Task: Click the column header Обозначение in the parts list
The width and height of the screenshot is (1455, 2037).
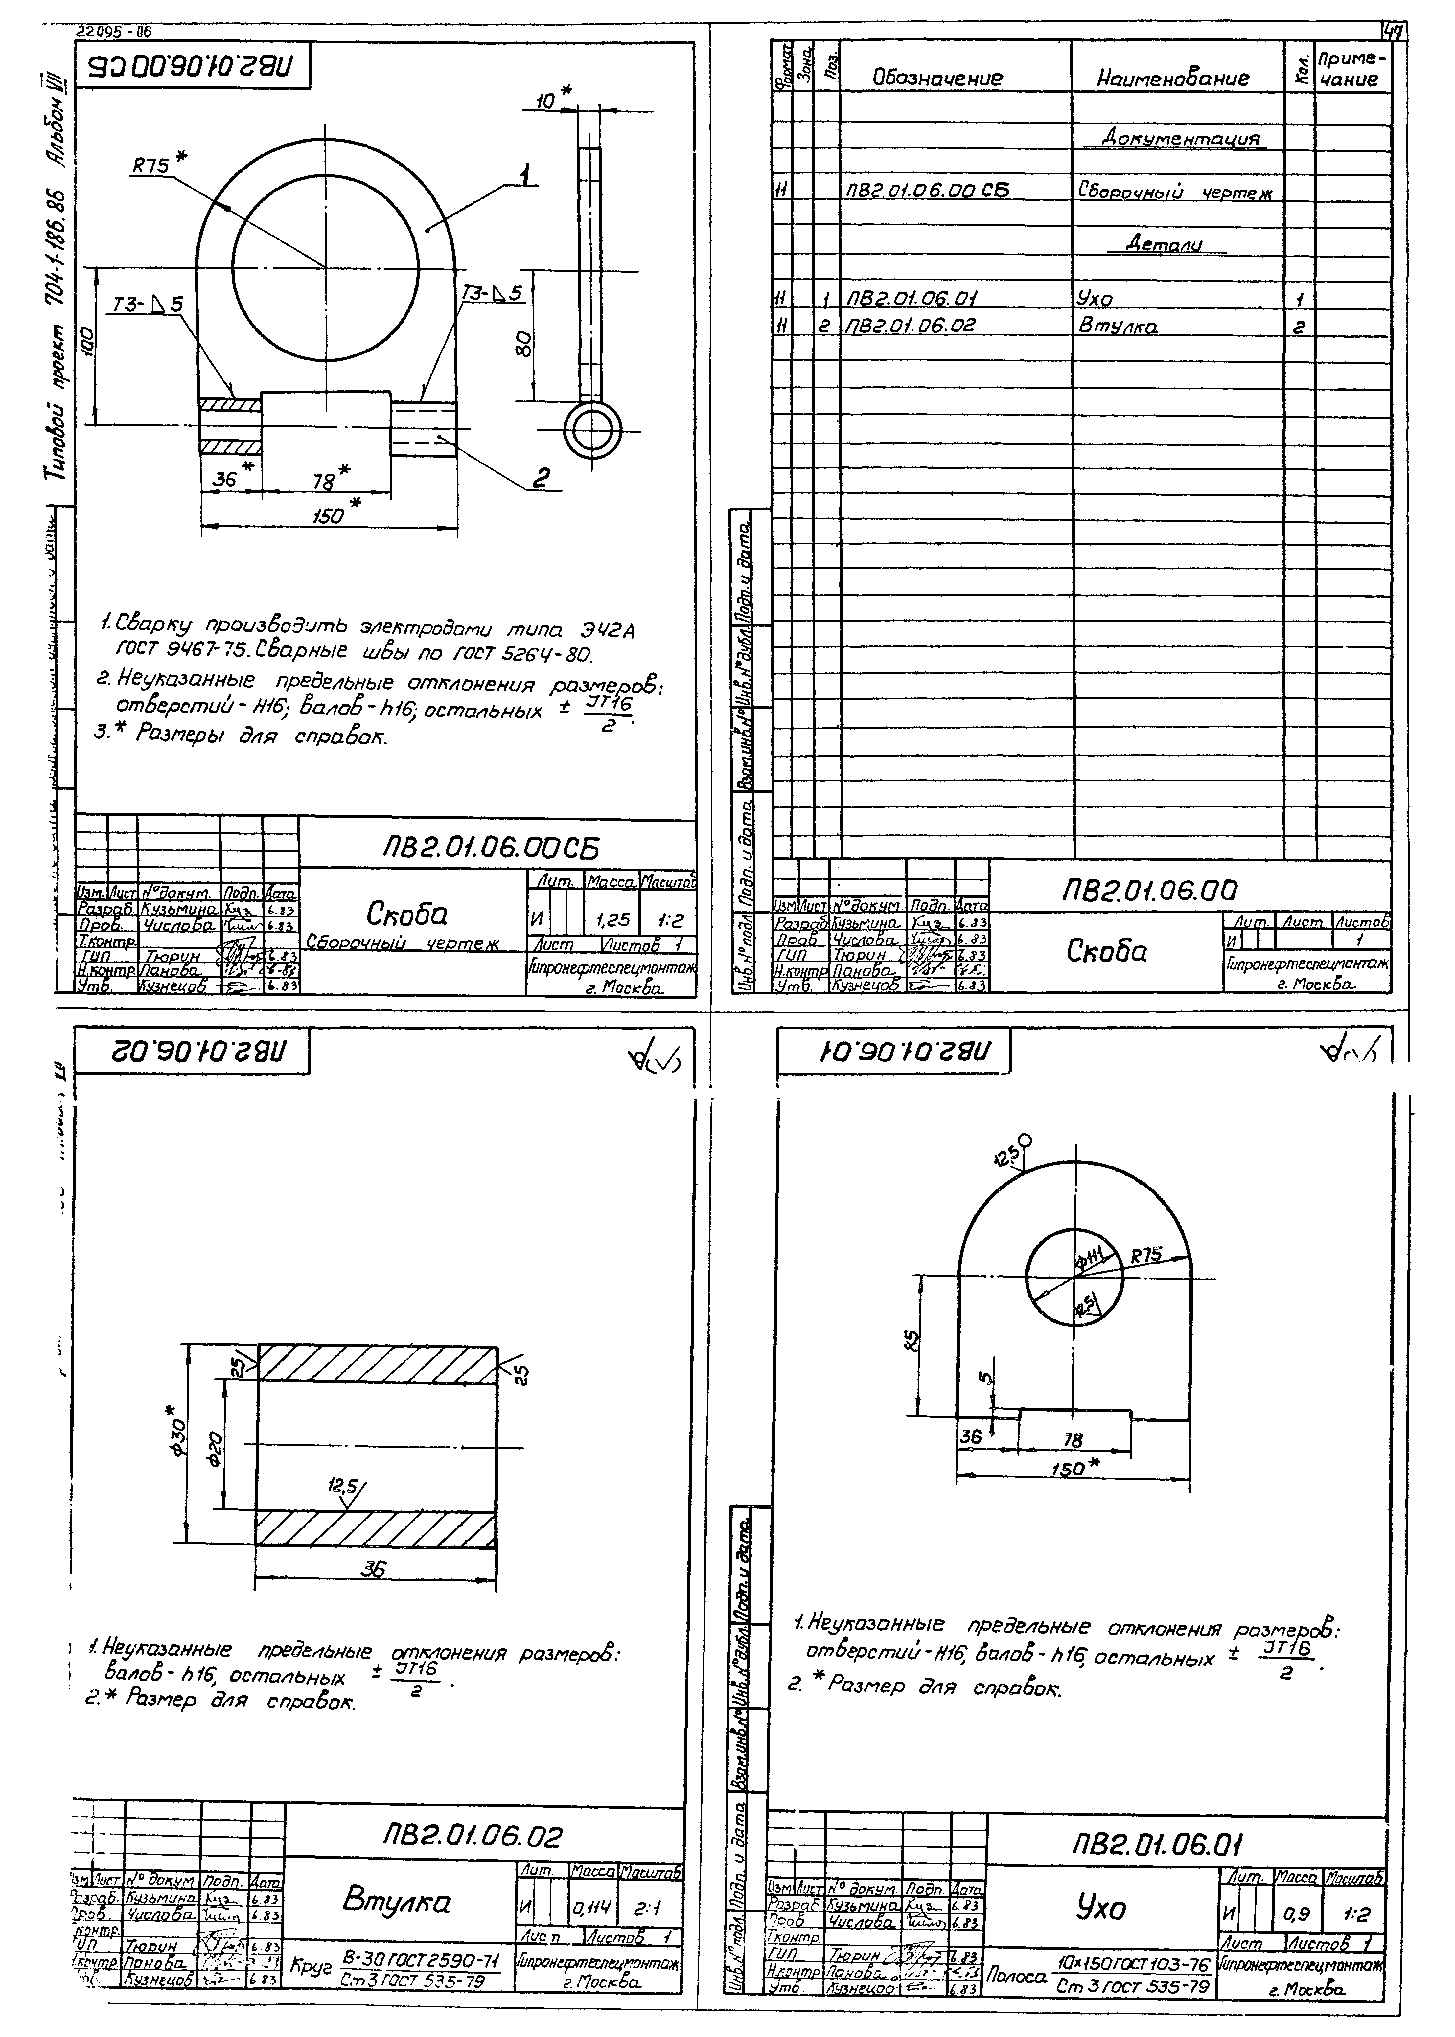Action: pos(937,79)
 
